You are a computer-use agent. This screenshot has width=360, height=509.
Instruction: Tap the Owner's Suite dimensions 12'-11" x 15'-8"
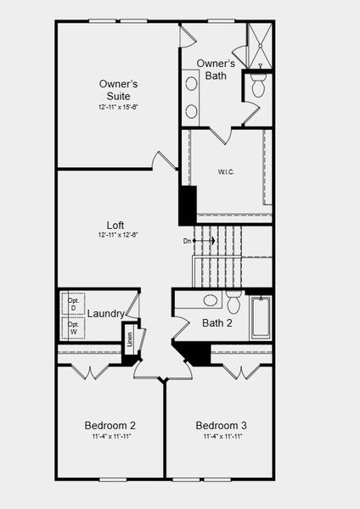tap(118, 107)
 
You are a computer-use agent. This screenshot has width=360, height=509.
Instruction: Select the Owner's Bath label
tap(216, 70)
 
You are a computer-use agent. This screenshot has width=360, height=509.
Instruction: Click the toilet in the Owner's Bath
tap(259, 85)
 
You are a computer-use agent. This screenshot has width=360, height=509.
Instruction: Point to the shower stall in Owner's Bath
tap(259, 46)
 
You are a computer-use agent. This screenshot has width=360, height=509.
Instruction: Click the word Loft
tap(117, 225)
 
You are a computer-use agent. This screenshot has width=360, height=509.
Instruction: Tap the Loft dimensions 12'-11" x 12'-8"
tap(117, 235)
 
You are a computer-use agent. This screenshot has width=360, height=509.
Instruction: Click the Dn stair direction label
tap(188, 241)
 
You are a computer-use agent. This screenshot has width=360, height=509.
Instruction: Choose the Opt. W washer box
tap(73, 328)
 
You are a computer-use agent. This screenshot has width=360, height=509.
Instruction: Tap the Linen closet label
tap(130, 340)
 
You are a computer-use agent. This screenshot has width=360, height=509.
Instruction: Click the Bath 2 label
tap(217, 323)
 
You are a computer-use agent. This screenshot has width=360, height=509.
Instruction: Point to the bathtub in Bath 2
tap(260, 317)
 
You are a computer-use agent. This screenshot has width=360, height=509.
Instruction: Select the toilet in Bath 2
tap(234, 301)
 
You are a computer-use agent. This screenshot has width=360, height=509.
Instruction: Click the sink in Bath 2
tap(210, 300)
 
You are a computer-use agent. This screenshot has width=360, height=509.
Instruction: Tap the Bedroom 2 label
tap(110, 425)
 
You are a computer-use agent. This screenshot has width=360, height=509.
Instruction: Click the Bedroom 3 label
tap(222, 425)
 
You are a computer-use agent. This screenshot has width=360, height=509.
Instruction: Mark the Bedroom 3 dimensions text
tap(222, 436)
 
